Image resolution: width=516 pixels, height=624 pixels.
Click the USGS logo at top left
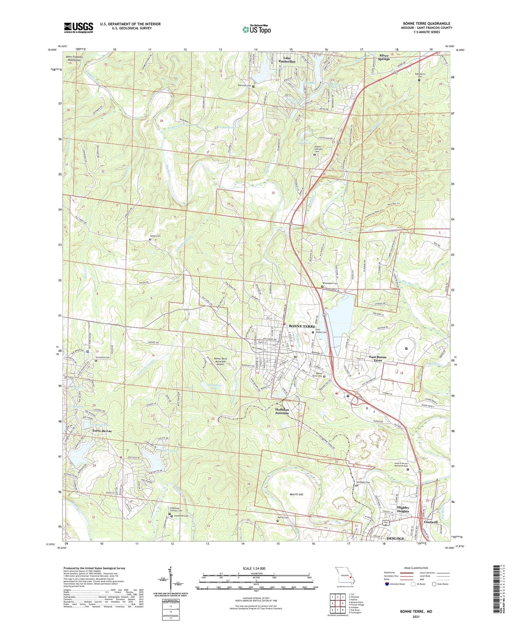[79, 27]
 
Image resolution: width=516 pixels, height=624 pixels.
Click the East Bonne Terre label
[378, 359]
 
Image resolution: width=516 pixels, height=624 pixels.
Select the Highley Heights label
[403, 509]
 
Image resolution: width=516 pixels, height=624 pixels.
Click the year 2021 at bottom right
[416, 616]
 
